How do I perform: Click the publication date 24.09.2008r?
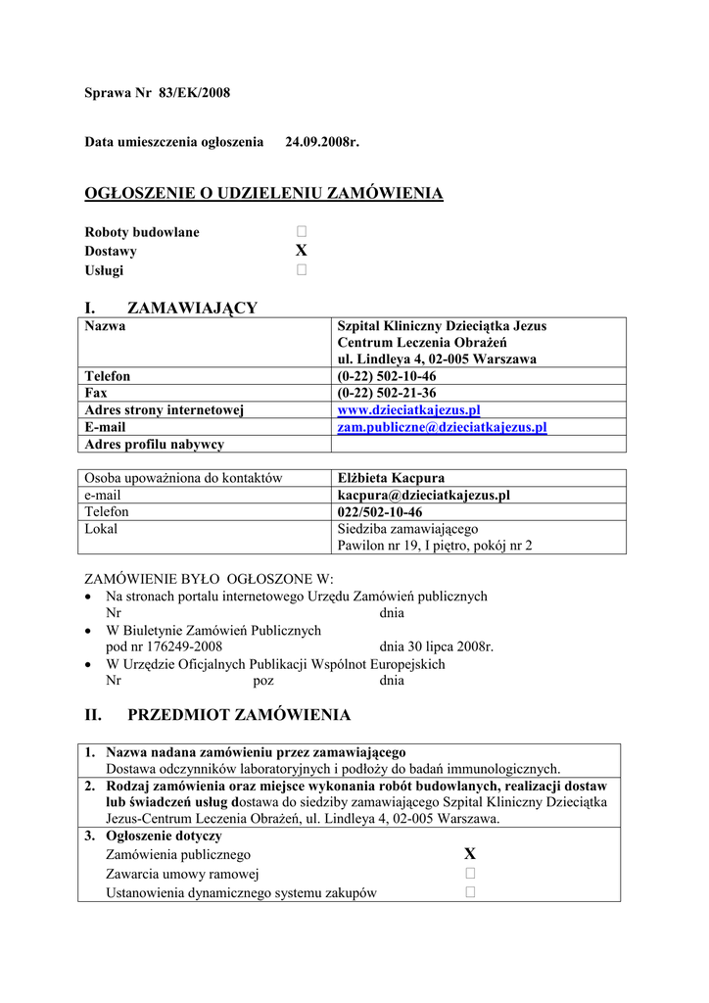click(322, 143)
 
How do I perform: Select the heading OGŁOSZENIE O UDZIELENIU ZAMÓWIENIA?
click(264, 193)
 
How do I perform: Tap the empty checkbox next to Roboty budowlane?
click(302, 232)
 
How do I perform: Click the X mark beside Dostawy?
click(302, 251)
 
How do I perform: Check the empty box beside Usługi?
click(302, 270)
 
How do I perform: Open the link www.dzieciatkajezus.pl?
click(408, 409)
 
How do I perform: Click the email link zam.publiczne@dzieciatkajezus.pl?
click(442, 427)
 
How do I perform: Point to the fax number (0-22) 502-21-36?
click(387, 392)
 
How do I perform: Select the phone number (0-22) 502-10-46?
click(387, 375)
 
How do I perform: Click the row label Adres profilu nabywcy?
click(155, 444)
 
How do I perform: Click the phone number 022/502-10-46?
click(380, 512)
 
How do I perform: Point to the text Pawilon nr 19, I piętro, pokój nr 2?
click(435, 546)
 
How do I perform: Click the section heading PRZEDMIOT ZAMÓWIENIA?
click(239, 715)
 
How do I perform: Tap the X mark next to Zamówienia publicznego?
click(470, 854)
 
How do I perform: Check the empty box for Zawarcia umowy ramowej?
click(470, 873)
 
